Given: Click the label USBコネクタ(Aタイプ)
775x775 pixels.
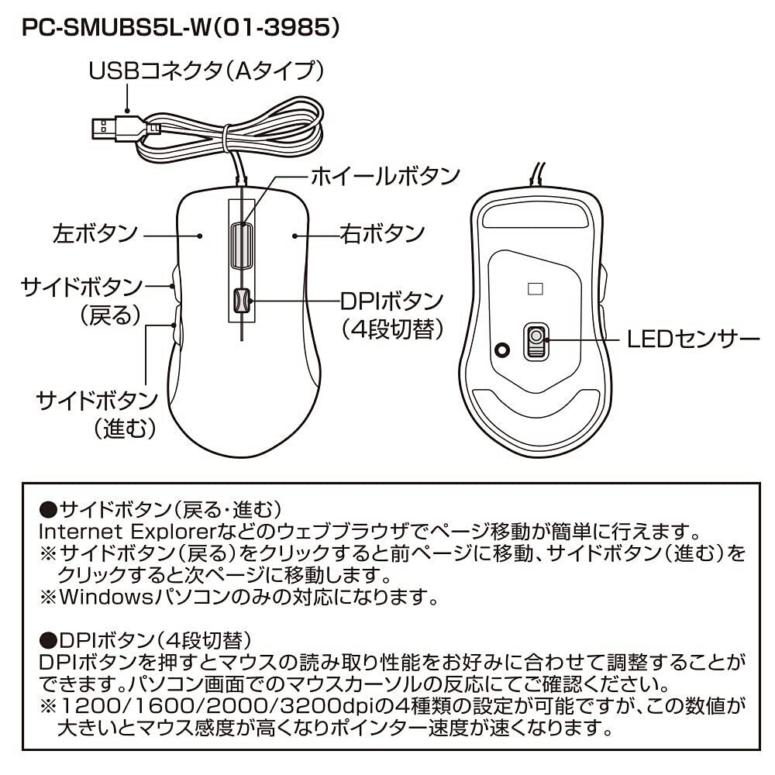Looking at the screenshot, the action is pos(206,72).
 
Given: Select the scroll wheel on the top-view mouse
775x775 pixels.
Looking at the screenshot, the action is pos(241,246).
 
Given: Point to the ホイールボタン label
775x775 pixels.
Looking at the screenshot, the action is pos(385,177).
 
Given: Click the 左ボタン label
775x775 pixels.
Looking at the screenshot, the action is pos(95,233).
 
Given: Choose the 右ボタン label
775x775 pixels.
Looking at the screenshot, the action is pos(382,233).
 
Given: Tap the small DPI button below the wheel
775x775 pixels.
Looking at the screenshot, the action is pos(241,301).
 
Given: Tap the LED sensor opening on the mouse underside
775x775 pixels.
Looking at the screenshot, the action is pos(535,339).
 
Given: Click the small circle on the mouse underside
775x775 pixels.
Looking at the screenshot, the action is pos(502,350).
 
